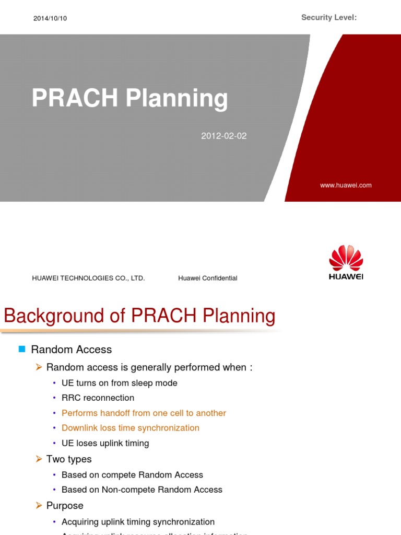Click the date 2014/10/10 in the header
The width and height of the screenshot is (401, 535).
tap(50, 18)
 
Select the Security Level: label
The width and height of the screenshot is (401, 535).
tap(329, 18)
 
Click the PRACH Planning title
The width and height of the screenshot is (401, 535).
tap(129, 98)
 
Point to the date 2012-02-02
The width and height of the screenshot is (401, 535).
tap(223, 136)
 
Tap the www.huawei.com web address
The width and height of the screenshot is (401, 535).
tap(346, 185)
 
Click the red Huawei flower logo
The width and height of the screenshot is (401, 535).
tap(346, 258)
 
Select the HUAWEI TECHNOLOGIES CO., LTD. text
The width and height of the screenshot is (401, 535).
tap(88, 278)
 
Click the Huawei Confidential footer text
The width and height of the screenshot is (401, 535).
tap(207, 278)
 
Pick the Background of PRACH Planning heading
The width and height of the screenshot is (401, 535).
tap(139, 316)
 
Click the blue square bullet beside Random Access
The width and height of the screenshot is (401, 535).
tap(22, 349)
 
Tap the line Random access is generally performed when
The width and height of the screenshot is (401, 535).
tap(149, 367)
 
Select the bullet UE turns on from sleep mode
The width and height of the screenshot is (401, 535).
tap(119, 383)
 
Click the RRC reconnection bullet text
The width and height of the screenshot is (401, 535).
tap(98, 398)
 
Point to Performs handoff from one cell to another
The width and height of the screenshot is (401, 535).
tap(144, 413)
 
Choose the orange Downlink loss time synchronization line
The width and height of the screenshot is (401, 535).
tap(130, 428)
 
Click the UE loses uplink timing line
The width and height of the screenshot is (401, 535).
tap(105, 443)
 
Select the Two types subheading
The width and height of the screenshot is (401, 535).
tap(69, 459)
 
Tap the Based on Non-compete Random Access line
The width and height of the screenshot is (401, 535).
tap(141, 490)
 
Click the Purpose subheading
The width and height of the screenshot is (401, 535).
tap(65, 506)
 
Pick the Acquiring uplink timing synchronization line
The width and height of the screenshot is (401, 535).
tap(138, 521)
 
